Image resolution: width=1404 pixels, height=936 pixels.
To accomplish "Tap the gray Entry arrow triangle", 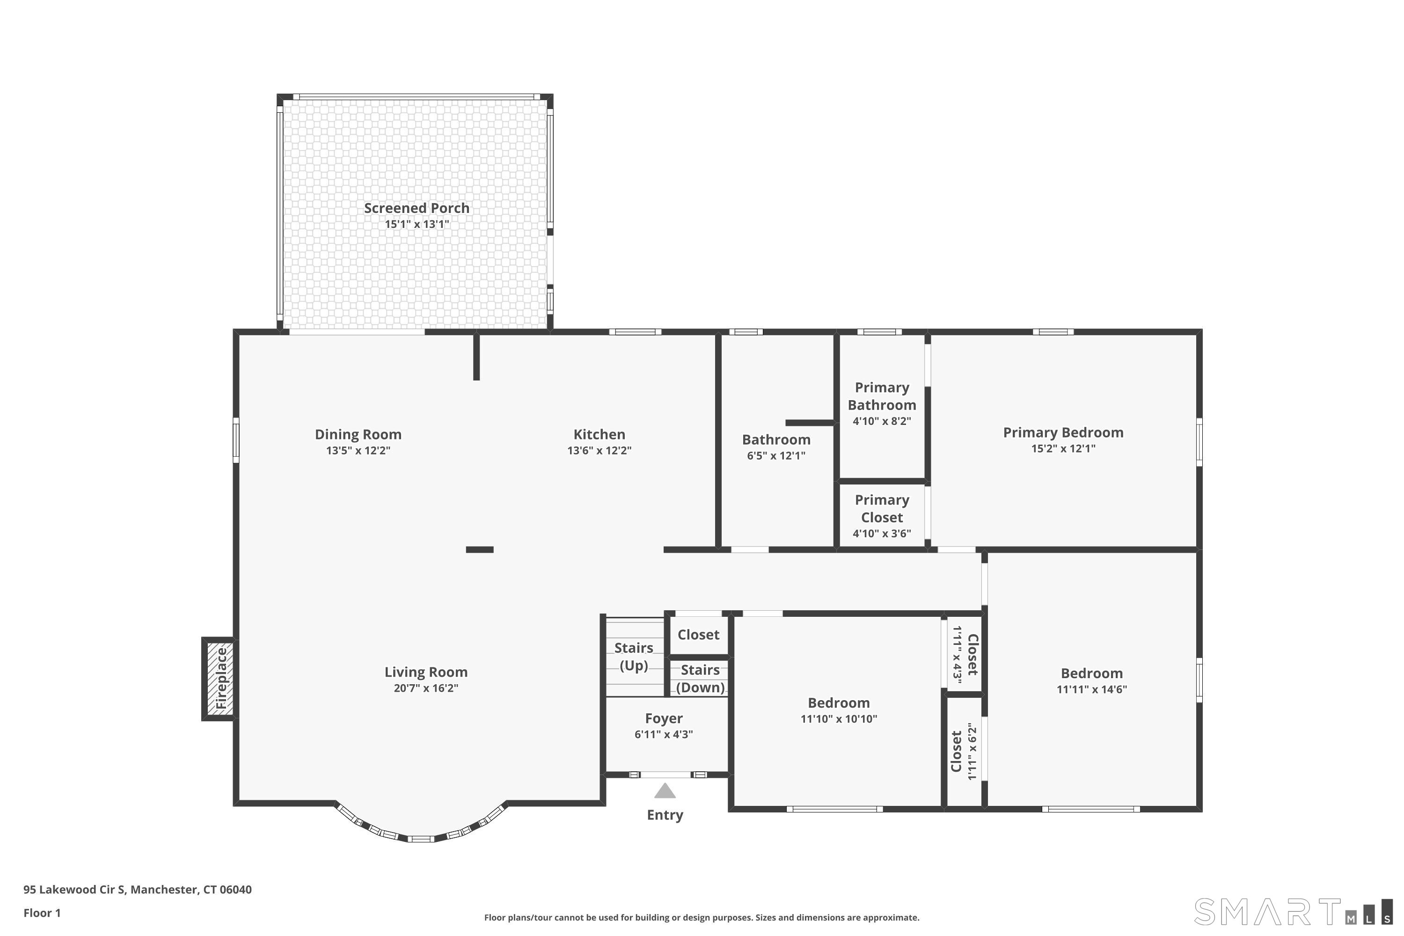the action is (x=665, y=791).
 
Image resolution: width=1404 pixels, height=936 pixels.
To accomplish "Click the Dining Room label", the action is (x=358, y=435).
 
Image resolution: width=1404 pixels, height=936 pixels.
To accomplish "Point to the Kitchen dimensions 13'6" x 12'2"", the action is (x=600, y=451).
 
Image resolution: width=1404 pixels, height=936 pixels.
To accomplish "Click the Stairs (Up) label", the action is (x=634, y=657).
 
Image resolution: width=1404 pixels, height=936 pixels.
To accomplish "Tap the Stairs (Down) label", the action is (x=700, y=679).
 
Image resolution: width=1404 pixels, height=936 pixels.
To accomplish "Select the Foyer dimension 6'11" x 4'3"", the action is (x=664, y=735).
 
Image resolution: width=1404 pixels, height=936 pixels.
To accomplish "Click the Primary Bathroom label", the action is (x=882, y=396).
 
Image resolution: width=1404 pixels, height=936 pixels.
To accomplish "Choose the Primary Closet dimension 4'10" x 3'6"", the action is (x=882, y=534).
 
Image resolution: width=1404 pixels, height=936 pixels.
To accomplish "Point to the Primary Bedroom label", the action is (x=1063, y=433).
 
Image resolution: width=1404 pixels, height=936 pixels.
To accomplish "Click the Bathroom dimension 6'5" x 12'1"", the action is (x=776, y=456).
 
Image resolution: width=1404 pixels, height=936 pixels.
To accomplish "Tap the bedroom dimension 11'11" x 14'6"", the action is (x=1092, y=689).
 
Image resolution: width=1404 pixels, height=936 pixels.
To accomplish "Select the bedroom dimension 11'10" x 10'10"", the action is (x=839, y=719).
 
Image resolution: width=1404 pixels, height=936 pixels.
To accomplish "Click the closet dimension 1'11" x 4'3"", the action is (x=957, y=654).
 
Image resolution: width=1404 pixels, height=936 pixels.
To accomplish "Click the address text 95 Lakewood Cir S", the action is (x=74, y=890).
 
